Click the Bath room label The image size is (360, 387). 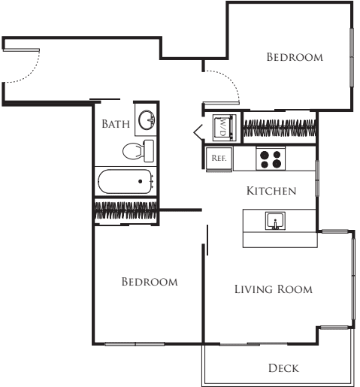point(116,124)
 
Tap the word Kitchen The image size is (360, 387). point(271,191)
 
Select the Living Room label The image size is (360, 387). point(273,289)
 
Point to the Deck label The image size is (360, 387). point(283,367)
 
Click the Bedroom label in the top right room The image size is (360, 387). point(295,57)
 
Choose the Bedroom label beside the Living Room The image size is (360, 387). point(150,282)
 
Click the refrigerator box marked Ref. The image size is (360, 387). point(219,159)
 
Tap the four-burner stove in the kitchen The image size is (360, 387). point(271,159)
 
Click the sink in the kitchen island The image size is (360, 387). point(275,220)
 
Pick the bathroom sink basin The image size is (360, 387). point(145,120)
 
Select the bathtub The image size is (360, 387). point(126,181)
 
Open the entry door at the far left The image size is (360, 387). point(23,63)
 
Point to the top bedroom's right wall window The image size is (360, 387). point(351,56)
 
